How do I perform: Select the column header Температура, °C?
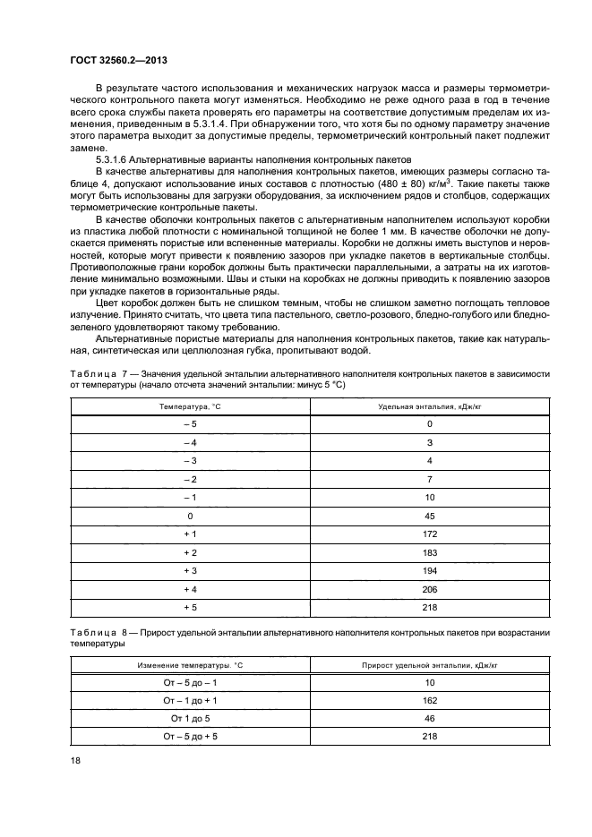190,406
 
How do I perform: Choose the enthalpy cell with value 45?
429,516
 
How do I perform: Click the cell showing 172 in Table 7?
429,534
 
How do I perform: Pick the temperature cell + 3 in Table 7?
190,571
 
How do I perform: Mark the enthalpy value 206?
429,589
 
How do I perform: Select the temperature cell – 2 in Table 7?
190,479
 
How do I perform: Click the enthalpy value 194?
429,571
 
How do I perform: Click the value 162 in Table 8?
429,700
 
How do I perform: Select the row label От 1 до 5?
190,718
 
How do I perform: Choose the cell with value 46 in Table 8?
429,718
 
